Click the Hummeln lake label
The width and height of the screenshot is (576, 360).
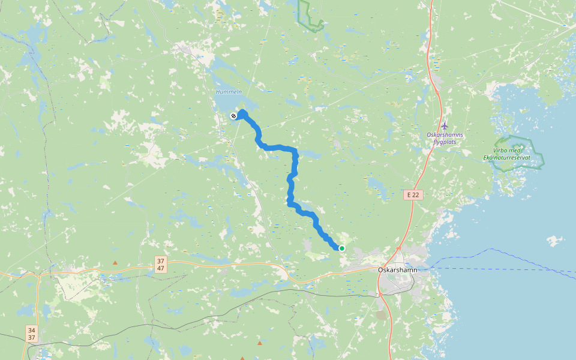(x=229, y=92)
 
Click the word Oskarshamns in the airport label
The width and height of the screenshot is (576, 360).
(x=445, y=135)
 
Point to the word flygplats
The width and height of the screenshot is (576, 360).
(x=445, y=142)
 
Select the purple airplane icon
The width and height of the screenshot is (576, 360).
(x=445, y=126)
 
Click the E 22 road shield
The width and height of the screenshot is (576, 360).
(x=412, y=195)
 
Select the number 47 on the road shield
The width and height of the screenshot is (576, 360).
(x=160, y=268)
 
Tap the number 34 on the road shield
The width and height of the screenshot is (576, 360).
(x=31, y=330)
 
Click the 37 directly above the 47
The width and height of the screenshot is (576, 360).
(x=160, y=261)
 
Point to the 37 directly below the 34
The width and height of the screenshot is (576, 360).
(x=31, y=337)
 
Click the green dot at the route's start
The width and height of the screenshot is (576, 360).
(x=342, y=248)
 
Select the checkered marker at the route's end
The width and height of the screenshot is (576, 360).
(x=233, y=116)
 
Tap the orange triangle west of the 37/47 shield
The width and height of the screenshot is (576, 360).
(x=115, y=262)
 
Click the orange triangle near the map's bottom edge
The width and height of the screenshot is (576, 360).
(x=259, y=343)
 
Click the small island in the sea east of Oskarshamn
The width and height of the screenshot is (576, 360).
(x=555, y=241)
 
